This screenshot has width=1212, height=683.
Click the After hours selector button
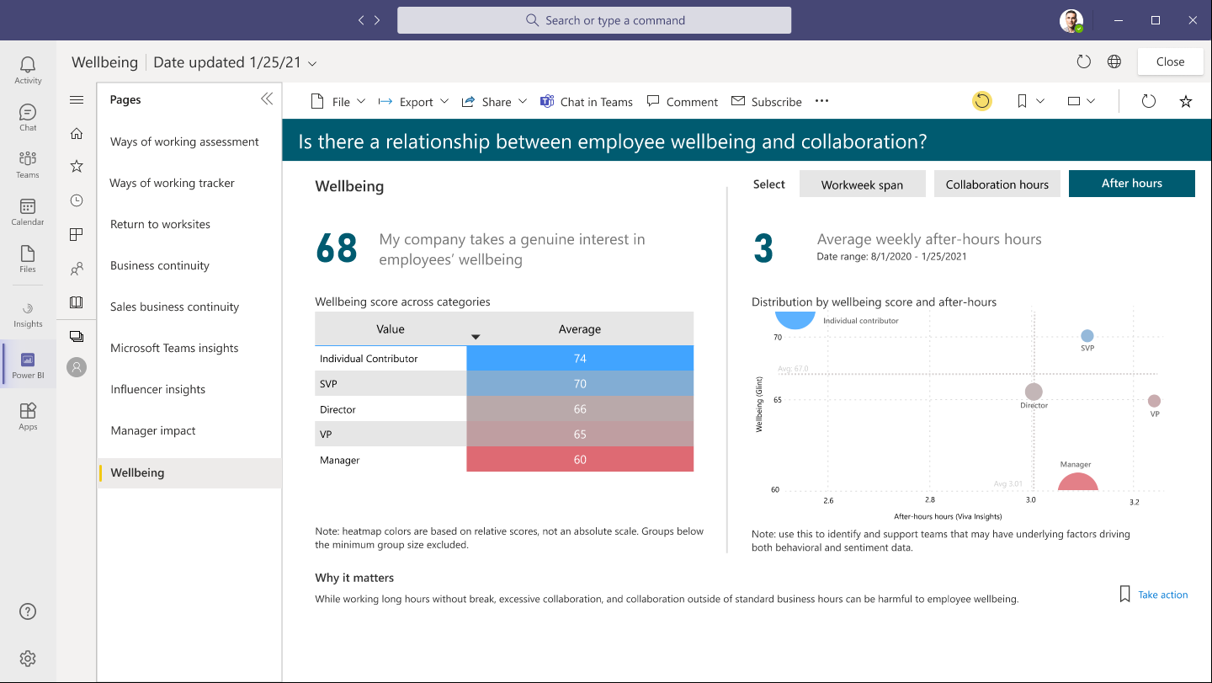point(1131,184)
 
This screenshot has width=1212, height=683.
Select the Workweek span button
point(862,184)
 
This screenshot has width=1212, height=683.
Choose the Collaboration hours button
point(997,184)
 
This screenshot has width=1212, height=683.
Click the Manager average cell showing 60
point(580,460)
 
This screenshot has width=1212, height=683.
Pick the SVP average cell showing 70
point(580,384)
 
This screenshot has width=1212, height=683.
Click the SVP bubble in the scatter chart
point(1087,336)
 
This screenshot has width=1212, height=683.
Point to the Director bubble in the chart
point(1034,392)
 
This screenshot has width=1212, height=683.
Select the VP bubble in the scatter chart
point(1154,401)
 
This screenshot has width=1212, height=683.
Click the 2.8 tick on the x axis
point(929,500)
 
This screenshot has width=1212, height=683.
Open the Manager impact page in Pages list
point(153,430)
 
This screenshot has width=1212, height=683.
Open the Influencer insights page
point(158,389)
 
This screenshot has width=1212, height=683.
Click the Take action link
point(1162,595)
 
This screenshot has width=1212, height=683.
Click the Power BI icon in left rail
point(28,364)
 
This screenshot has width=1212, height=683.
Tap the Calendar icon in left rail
point(28,211)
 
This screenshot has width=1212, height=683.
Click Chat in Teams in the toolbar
point(587,102)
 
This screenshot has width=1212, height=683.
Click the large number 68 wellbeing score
point(337,248)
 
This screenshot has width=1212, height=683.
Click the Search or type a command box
point(594,20)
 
